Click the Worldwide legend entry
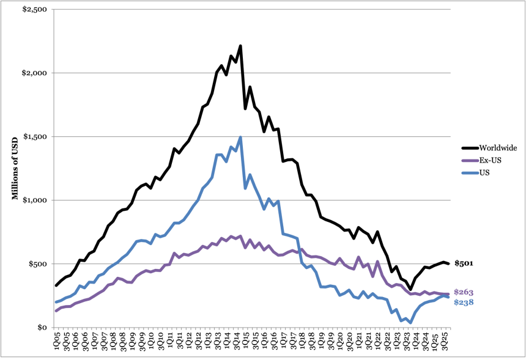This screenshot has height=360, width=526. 489,148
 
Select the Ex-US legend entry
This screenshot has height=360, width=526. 482,160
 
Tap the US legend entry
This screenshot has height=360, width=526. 476,172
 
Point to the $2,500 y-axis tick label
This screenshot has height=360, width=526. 34,9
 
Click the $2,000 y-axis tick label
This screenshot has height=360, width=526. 34,73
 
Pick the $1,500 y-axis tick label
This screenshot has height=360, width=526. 35,136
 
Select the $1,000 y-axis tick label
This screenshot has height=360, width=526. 35,200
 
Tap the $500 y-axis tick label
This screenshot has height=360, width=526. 37,264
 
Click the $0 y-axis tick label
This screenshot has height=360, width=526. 42,328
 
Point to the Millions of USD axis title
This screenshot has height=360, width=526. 15,168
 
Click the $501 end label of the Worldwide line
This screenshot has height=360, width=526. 464,263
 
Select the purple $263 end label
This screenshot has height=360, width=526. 464,292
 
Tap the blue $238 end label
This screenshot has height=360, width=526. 464,303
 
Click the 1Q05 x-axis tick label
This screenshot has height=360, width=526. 57,341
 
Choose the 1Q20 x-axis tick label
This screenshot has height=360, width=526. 340,341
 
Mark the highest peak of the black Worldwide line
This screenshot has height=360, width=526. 240,46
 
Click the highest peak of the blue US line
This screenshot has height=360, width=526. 240,137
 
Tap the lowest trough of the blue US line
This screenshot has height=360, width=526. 410,323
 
